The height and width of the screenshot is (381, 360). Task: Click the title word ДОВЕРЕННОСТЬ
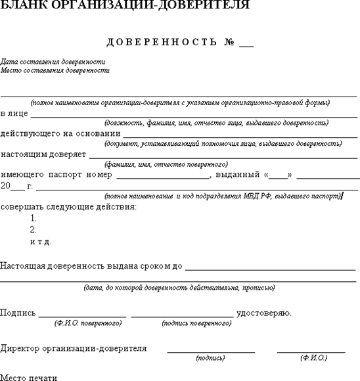pos(161,43)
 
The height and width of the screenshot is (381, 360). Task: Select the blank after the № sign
pos(246,45)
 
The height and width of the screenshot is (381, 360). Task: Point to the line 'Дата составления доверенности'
pos(53,62)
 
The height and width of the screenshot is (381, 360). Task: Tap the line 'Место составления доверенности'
pos(55,70)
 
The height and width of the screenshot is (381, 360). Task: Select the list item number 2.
pos(34,230)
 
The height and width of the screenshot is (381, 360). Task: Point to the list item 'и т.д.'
pos(41,242)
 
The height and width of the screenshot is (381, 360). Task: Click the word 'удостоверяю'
pos(263,313)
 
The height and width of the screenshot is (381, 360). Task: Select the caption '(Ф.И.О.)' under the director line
pos(313,358)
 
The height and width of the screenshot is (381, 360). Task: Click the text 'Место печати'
pos(29,377)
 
